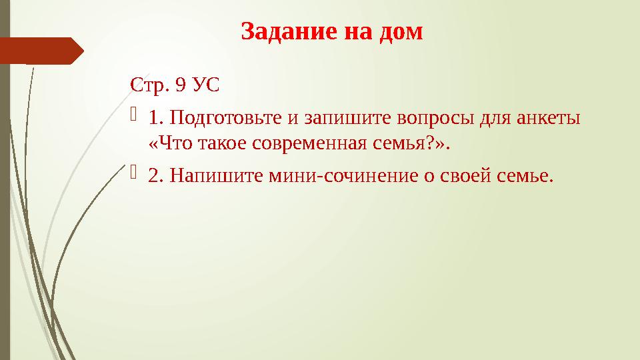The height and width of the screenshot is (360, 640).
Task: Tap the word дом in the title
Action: click(401, 31)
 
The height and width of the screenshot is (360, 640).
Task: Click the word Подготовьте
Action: click(225, 119)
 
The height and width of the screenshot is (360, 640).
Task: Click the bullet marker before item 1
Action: click(135, 118)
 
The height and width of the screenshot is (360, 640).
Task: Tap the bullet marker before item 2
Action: click(135, 175)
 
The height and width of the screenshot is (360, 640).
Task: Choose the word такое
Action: click(223, 143)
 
